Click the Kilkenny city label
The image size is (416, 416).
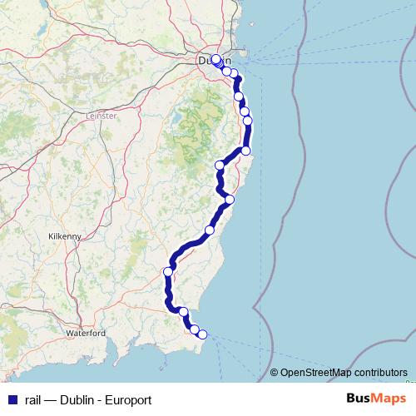point(65,236)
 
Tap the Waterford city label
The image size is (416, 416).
point(87,333)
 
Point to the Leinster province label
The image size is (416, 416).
point(102,116)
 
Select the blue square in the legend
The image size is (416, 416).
point(11,399)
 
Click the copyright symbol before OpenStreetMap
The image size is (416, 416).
point(274,373)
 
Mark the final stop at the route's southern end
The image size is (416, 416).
point(202,334)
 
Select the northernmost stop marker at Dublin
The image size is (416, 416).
point(215,59)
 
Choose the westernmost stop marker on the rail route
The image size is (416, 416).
point(168,271)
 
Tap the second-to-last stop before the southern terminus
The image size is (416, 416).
point(195,329)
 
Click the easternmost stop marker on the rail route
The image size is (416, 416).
point(247,121)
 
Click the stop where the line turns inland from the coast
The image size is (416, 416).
point(245,151)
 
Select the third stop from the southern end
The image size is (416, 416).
point(184,313)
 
